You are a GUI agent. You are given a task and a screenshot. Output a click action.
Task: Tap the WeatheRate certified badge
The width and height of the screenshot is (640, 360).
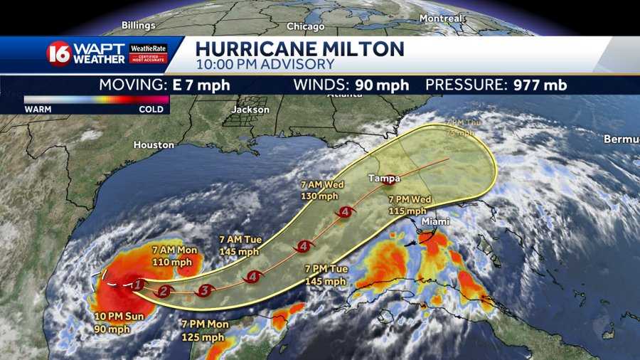(x=149, y=54)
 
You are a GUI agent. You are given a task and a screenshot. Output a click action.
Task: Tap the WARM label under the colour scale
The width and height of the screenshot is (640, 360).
(x=37, y=110)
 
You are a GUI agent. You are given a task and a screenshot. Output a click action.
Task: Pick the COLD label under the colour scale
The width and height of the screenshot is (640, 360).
(x=151, y=110)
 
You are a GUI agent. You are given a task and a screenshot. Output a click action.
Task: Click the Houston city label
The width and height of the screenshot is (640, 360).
(x=154, y=144)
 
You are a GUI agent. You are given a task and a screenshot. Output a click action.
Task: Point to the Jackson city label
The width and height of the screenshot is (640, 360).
(x=250, y=110)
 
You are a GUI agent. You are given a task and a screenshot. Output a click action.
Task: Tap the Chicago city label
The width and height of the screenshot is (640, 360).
(x=305, y=26)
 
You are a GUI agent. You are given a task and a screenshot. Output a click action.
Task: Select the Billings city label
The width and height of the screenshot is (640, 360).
(x=138, y=25)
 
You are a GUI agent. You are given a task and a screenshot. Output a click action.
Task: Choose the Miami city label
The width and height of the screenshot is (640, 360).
(x=435, y=222)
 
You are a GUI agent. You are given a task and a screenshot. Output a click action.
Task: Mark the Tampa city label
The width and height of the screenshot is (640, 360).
(x=384, y=178)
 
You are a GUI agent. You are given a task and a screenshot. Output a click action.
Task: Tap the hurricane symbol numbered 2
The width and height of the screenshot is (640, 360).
(x=164, y=290)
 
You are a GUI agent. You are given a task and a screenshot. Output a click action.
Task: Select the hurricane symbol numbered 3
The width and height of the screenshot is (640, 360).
(x=206, y=290)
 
